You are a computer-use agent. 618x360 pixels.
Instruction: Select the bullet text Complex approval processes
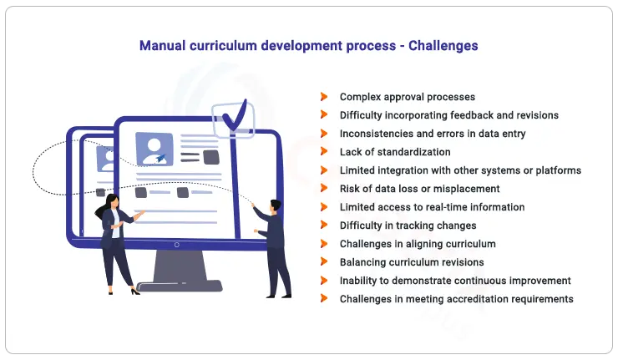[407, 97]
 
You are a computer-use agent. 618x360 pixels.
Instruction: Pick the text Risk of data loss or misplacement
[419, 189]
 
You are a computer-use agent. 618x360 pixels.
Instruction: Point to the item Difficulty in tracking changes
[408, 226]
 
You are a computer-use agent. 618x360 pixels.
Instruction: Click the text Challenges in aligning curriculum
[418, 244]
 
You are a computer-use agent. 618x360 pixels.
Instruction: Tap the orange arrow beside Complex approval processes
[324, 97]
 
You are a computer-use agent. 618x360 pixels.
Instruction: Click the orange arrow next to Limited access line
[324, 207]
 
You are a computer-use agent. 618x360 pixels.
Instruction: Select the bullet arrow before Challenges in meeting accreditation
[324, 299]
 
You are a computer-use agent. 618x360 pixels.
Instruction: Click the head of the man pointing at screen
[276, 205]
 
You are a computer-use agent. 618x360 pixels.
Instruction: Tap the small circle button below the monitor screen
[176, 245]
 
